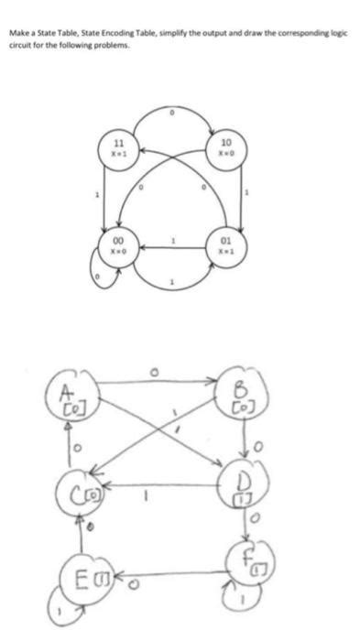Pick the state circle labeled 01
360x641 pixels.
[x=226, y=245]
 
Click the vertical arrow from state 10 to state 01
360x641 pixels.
[x=241, y=198]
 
